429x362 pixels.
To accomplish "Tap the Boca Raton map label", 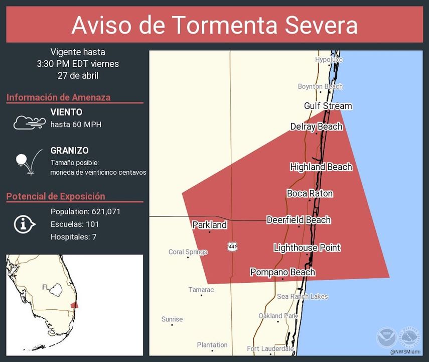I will [x=310, y=193].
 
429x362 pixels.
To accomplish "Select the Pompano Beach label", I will [x=282, y=272].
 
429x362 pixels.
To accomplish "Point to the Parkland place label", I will [x=209, y=225].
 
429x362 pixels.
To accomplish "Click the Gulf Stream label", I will [x=328, y=106].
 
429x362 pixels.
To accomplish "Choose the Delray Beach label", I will [x=316, y=127].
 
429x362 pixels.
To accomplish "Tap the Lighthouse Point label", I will [x=307, y=248].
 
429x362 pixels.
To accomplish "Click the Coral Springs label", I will [x=188, y=252].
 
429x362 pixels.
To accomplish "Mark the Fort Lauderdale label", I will [x=270, y=348].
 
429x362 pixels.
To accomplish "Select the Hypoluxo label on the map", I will [x=329, y=60].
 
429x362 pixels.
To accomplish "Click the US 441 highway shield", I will [x=232, y=246].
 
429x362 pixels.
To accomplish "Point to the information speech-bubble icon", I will [x=25, y=224].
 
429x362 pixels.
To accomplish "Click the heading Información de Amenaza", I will [x=59, y=97].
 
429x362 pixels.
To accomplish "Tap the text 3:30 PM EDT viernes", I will [x=78, y=64].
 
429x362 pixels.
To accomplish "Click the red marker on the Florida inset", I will [x=74, y=305].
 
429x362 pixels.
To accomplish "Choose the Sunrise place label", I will [x=172, y=319].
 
